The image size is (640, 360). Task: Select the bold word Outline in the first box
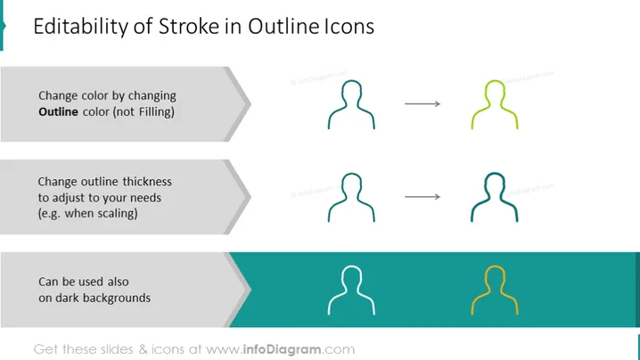[x=58, y=112]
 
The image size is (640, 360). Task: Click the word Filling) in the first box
[x=156, y=112]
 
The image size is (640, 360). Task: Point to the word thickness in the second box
[x=147, y=182]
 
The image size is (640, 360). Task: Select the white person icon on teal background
[x=329, y=309]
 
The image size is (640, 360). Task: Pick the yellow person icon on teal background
[x=472, y=309]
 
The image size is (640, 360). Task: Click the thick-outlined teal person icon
[x=472, y=216]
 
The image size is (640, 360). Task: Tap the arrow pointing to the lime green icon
[x=423, y=104]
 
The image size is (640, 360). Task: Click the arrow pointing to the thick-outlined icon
[x=423, y=197]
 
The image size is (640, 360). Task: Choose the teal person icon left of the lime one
[x=329, y=123]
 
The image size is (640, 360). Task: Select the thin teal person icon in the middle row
[x=329, y=216]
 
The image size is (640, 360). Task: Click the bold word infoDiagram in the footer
[x=282, y=349]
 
